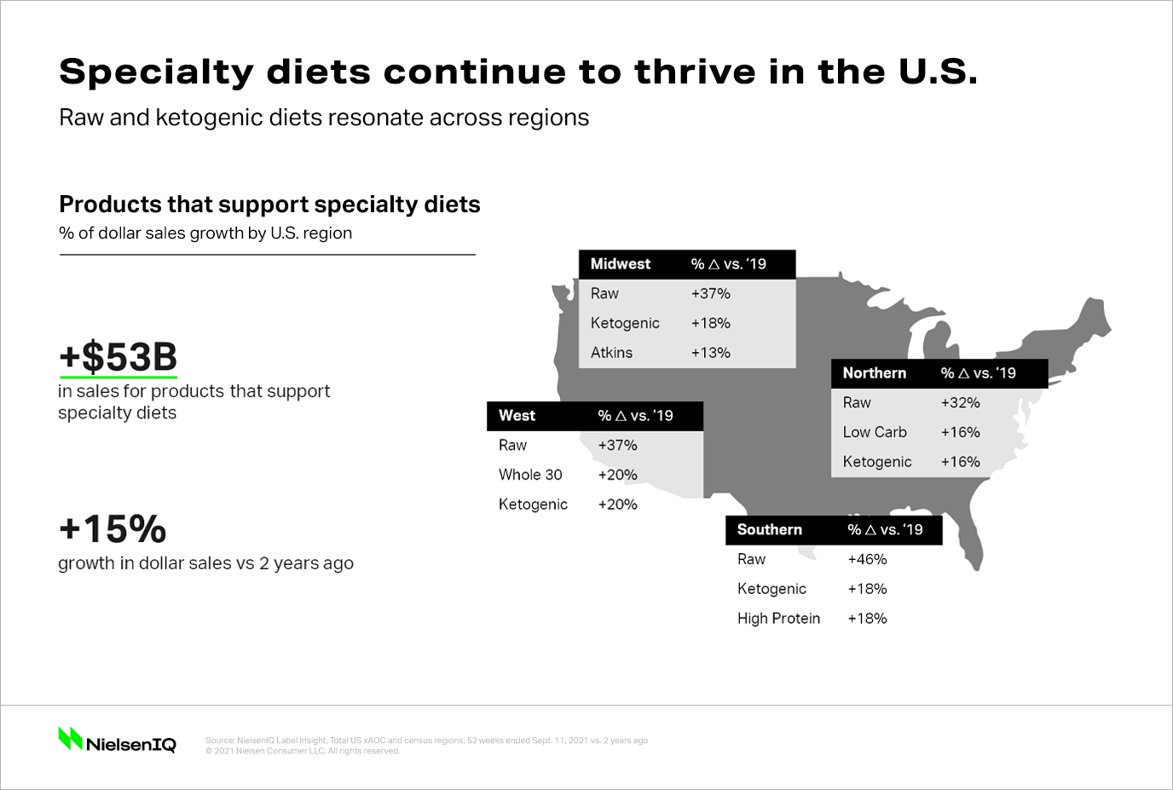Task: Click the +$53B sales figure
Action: pos(118,357)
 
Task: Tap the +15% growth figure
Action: pos(112,528)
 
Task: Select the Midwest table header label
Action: pos(620,264)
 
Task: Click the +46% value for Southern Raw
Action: pos(867,559)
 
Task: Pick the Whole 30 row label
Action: pos(530,475)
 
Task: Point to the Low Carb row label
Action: pos(875,432)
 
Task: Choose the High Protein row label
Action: pos(778,619)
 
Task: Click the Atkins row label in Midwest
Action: pos(611,353)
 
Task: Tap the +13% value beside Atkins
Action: pos(710,353)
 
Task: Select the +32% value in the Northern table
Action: pos(960,402)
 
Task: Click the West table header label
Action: pos(517,416)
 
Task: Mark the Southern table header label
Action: pos(769,530)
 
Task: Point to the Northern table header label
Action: pos(874,373)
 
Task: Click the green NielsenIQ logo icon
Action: pos(70,739)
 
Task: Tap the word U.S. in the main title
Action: pos(938,72)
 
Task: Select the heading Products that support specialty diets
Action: pos(269,205)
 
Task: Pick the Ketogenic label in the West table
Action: pos(533,505)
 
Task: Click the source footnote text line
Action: pos(426,741)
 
